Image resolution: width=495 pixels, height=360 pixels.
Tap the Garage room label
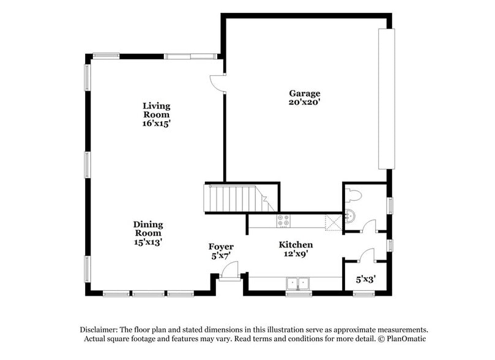(305, 93)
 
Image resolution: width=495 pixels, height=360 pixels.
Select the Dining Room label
(147, 228)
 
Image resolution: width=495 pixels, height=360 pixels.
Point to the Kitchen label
(296, 244)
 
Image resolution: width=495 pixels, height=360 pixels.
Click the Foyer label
(221, 247)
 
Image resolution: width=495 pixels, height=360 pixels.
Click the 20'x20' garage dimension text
(305, 102)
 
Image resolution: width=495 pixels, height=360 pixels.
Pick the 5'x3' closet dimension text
(366, 279)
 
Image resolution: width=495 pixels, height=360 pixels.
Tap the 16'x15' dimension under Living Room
(157, 123)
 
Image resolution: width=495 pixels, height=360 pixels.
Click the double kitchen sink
(299, 283)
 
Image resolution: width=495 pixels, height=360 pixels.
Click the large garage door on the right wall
(386, 98)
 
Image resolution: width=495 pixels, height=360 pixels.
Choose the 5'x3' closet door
(367, 254)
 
